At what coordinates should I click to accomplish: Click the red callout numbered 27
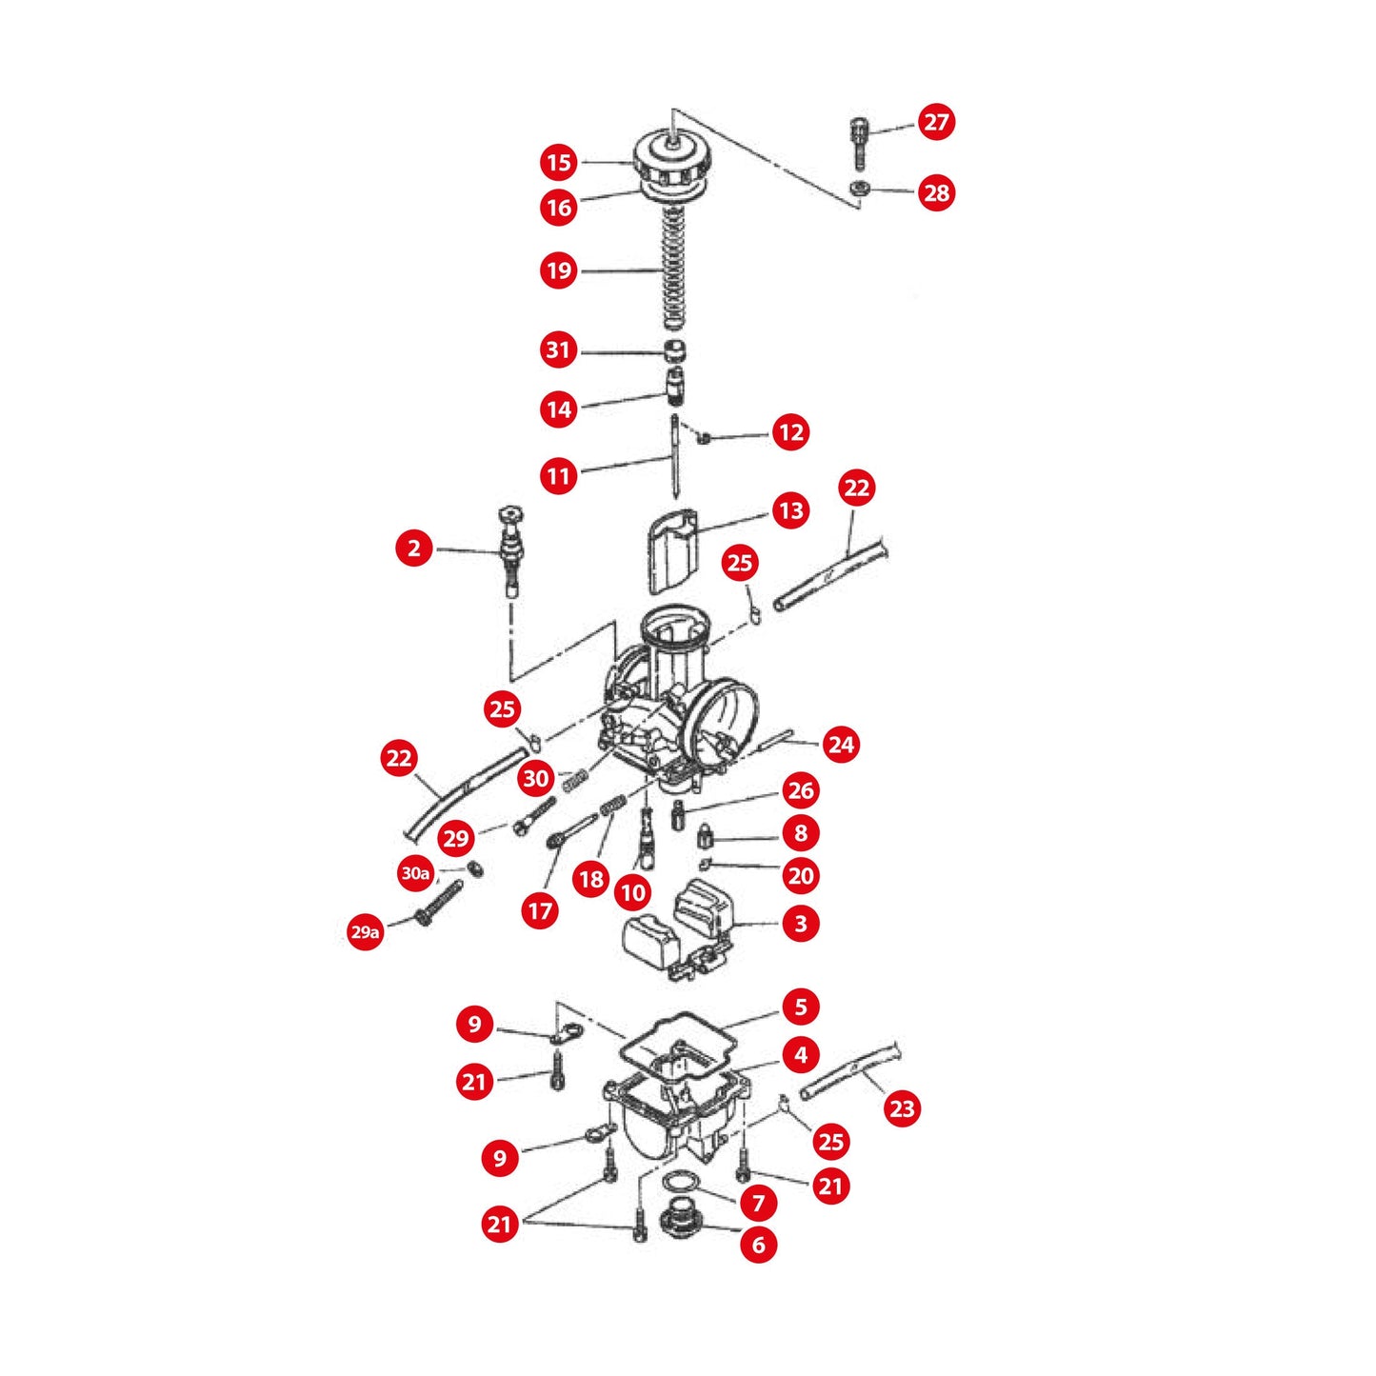click(x=936, y=122)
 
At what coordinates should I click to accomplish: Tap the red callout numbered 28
click(x=936, y=193)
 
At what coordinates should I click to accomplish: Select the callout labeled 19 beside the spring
click(x=559, y=271)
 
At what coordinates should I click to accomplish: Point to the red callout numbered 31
click(x=559, y=350)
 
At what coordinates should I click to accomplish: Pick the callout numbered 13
click(x=790, y=511)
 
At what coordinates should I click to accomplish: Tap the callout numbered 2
click(x=413, y=548)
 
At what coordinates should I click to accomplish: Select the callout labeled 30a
click(x=415, y=873)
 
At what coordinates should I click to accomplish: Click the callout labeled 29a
click(x=365, y=932)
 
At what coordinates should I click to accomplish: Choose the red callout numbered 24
click(x=841, y=745)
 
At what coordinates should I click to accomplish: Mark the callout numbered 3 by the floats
click(x=800, y=924)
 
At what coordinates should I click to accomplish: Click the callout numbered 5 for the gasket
click(x=800, y=1007)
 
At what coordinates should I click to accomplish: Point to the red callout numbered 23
click(x=901, y=1108)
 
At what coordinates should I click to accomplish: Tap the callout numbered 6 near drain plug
click(x=758, y=1245)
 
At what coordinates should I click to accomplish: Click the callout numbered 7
click(x=758, y=1204)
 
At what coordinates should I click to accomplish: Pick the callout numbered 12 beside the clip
click(x=790, y=433)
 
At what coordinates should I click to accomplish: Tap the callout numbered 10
click(x=632, y=893)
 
